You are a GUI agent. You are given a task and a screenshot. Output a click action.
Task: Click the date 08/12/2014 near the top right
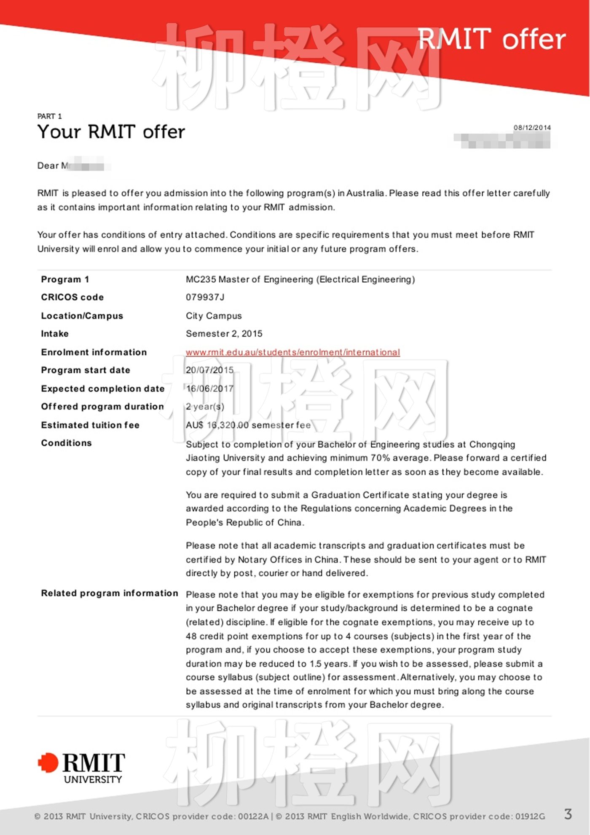click(532, 128)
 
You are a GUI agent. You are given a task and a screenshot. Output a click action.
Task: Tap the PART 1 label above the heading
click(49, 116)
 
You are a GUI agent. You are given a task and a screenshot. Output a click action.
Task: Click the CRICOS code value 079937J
click(205, 297)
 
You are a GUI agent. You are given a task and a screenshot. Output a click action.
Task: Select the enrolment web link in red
click(292, 352)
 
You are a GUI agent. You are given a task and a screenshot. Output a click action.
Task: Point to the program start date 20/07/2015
click(209, 370)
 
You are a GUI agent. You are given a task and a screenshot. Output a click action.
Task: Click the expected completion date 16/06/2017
click(209, 388)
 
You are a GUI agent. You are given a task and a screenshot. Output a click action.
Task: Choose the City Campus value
click(214, 316)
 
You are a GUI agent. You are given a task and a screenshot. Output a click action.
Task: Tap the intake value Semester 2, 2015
click(224, 334)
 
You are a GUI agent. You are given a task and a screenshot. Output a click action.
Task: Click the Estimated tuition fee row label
click(90, 425)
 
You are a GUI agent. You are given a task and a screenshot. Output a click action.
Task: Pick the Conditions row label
click(66, 443)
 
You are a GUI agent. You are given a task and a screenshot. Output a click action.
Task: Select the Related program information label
click(109, 593)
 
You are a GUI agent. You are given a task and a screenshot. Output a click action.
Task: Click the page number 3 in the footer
click(568, 814)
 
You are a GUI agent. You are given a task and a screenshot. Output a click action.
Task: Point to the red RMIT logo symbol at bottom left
click(48, 763)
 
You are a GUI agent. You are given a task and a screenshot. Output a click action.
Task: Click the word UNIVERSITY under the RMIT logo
click(93, 780)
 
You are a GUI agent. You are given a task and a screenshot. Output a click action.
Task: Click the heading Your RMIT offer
click(111, 132)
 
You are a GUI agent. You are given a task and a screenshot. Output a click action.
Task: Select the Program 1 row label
click(65, 280)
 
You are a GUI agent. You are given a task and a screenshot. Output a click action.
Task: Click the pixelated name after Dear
click(86, 165)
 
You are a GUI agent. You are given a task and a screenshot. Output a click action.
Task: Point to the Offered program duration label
click(102, 407)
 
